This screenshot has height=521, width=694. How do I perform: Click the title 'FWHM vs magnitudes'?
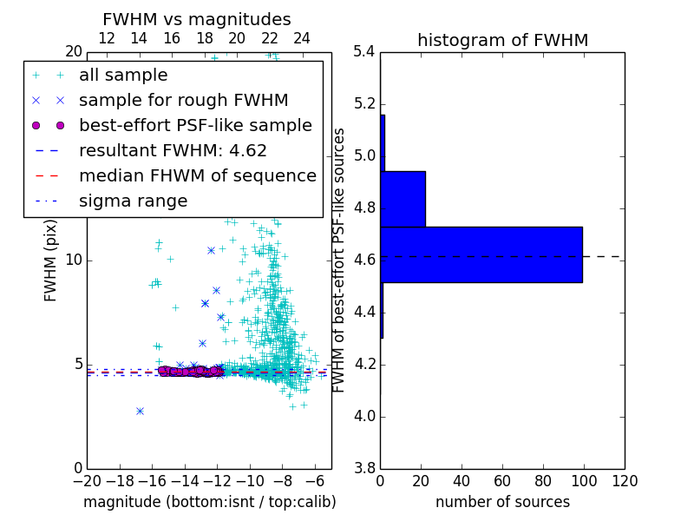pyautogui.click(x=197, y=19)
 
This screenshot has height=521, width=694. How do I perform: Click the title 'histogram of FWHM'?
pyautogui.click(x=502, y=40)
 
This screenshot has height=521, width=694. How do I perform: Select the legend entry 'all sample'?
pyautogui.click(x=123, y=76)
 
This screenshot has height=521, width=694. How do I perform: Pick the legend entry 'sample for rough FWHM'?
pyautogui.click(x=183, y=101)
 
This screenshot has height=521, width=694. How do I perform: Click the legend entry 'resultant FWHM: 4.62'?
pyautogui.click(x=173, y=151)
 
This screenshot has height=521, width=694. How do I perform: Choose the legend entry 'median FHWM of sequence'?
pyautogui.click(x=197, y=176)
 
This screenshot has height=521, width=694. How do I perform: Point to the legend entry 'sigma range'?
pyautogui.click(x=133, y=201)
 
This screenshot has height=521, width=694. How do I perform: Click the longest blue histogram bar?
pyautogui.click(x=481, y=254)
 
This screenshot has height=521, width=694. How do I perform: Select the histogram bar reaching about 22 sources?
pyautogui.click(x=403, y=199)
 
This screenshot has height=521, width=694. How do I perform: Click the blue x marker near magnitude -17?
pyautogui.click(x=140, y=411)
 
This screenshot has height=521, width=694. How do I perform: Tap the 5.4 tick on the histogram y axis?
pyautogui.click(x=364, y=52)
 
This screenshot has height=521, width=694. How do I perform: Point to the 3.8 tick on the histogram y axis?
pyautogui.click(x=364, y=469)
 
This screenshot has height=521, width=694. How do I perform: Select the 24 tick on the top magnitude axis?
pyautogui.click(x=302, y=39)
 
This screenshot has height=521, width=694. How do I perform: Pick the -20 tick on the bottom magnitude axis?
pyautogui.click(x=87, y=481)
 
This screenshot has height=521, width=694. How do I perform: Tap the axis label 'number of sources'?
pyautogui.click(x=502, y=502)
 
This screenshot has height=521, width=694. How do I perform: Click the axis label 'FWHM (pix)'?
pyautogui.click(x=51, y=260)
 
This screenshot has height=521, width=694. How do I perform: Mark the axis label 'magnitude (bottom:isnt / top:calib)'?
pyautogui.click(x=209, y=502)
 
